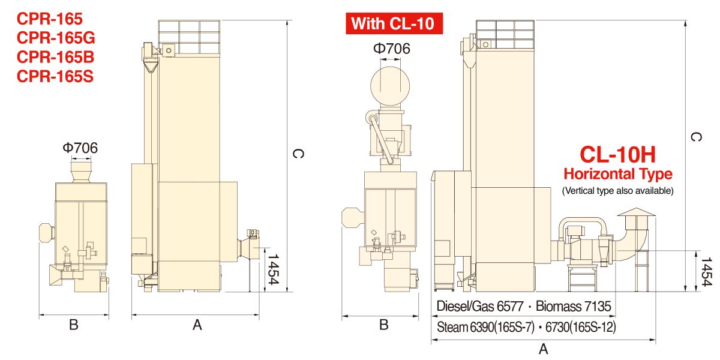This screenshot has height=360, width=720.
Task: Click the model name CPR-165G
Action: point(56,38)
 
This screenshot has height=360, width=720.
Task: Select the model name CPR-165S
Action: point(55,76)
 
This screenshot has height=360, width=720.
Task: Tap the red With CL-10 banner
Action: point(394,23)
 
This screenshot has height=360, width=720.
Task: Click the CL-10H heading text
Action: point(617,155)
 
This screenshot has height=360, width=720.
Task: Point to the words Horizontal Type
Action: point(618,174)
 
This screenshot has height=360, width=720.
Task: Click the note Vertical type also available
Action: point(617,191)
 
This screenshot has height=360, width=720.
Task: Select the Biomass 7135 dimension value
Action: point(574,306)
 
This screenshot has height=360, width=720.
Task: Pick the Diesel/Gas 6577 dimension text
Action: point(480,306)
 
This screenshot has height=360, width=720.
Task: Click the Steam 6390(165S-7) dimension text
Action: point(485,327)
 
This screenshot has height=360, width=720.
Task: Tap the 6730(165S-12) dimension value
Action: point(581,327)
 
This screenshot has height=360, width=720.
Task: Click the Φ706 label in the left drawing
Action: point(80,148)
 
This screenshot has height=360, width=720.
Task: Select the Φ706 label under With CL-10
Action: point(391,49)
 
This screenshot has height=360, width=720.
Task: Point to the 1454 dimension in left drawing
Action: point(273,269)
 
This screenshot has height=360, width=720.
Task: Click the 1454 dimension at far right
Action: point(707,272)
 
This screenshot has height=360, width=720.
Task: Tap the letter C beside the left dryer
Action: point(298,154)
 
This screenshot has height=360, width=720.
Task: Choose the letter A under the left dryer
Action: point(197,325)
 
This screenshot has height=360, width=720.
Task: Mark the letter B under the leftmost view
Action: point(74,325)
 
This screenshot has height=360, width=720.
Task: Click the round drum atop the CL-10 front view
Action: point(390,86)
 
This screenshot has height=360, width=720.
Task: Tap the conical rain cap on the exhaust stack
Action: point(636,212)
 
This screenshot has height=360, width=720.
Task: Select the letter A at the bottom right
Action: point(543,349)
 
